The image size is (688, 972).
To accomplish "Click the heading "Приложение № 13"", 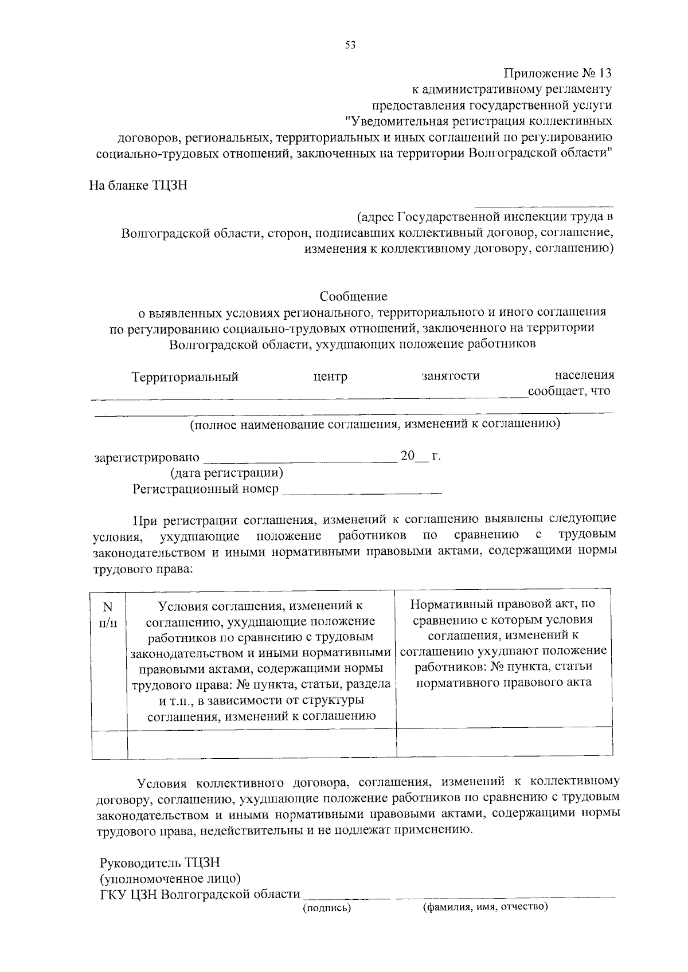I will pos(557,73).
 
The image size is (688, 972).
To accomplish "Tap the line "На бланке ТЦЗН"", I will pos(138,186).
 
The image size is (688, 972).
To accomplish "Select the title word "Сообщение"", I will pos(353,296).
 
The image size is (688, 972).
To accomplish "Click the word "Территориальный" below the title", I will pos(185,377).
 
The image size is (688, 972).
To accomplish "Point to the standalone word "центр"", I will pos(330,377).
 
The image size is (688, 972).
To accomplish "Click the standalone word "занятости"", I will pos(451,376).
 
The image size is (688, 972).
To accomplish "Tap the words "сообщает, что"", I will pos(569,391).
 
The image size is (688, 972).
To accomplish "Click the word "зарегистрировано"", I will pos(147,457).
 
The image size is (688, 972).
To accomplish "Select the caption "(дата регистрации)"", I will pos(226,473).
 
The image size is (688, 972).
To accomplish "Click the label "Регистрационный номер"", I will pos(206,489).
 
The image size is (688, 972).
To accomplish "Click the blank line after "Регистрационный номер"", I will pos(362,492).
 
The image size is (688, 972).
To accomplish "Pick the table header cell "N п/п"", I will pos(108,614).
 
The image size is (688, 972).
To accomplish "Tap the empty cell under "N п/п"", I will pos(109,744).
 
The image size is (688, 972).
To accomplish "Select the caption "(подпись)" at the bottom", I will pos(327,908).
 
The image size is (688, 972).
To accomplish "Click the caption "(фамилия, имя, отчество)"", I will pos(485,907).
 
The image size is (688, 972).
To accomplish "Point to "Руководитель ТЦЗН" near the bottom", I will pos(160,863).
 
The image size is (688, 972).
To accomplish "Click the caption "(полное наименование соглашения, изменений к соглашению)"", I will pos(375,424).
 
